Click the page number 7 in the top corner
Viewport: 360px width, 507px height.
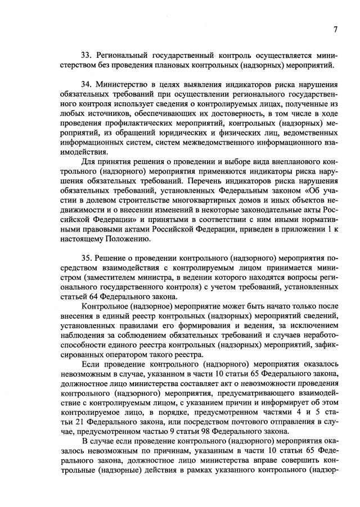[x=335, y=29]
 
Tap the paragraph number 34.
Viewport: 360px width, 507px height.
[x=87, y=84]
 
